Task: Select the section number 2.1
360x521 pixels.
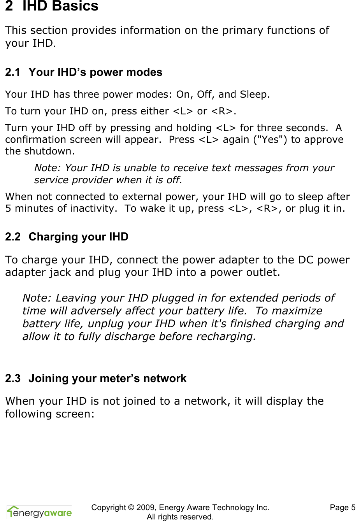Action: pyautogui.click(x=12, y=72)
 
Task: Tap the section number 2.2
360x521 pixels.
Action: pyautogui.click(x=12, y=237)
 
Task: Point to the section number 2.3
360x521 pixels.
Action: pyautogui.click(x=12, y=379)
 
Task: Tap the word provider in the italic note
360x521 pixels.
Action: pyautogui.click(x=92, y=180)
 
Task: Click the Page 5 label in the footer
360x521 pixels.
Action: pyautogui.click(x=342, y=507)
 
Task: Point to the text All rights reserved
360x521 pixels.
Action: pyautogui.click(x=180, y=517)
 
